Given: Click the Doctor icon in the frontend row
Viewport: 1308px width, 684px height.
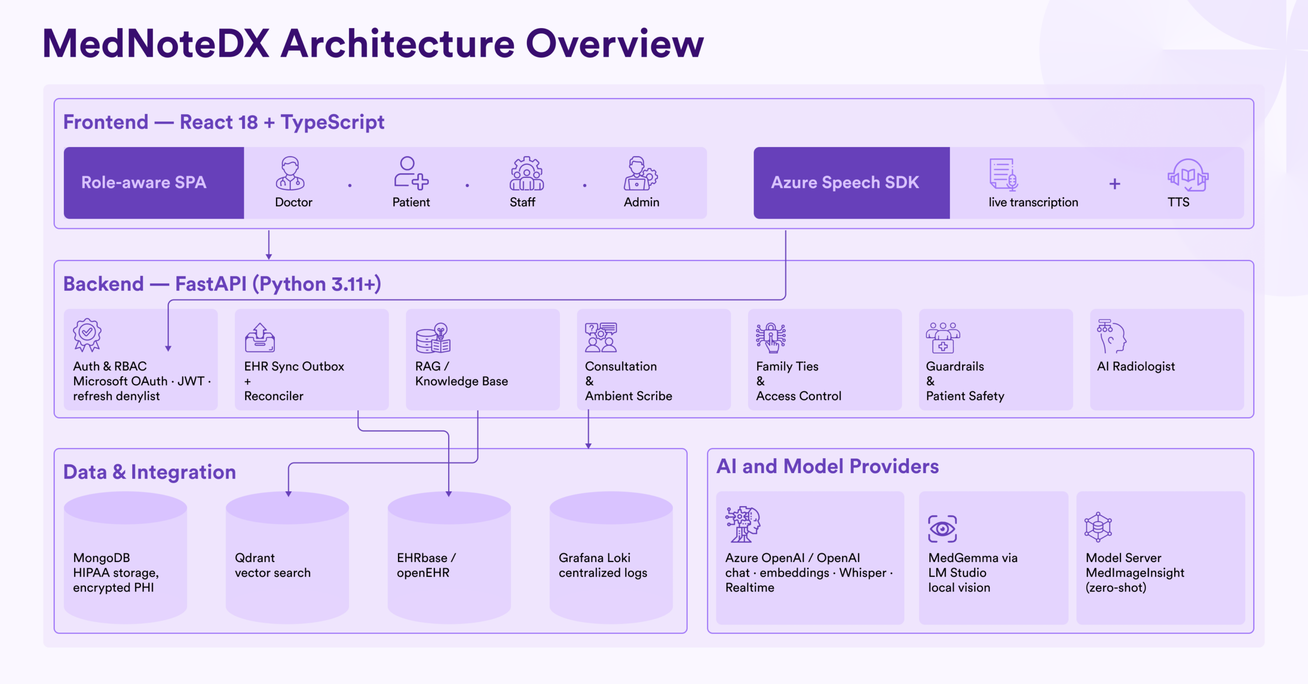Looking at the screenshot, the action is pyautogui.click(x=290, y=174).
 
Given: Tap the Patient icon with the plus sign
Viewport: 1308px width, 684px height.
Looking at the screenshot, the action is pyautogui.click(x=411, y=173).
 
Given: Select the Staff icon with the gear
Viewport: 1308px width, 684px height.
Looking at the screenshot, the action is pyautogui.click(x=527, y=174).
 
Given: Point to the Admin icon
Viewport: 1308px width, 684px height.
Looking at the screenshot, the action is pyautogui.click(x=641, y=174).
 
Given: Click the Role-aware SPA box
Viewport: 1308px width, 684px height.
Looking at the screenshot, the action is pyautogui.click(x=154, y=183).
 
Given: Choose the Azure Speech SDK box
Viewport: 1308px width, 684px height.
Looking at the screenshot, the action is pyautogui.click(x=851, y=183).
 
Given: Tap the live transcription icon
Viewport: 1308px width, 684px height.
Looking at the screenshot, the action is pyautogui.click(x=1003, y=174).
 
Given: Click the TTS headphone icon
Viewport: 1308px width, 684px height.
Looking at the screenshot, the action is pyautogui.click(x=1188, y=175).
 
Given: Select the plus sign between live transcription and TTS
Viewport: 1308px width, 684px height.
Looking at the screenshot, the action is pyautogui.click(x=1115, y=184).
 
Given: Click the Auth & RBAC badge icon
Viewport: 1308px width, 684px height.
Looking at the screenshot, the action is pyautogui.click(x=87, y=335).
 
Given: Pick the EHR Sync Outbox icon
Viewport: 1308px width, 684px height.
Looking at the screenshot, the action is pyautogui.click(x=260, y=337).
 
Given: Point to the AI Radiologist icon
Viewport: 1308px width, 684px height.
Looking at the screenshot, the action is pyautogui.click(x=1112, y=336).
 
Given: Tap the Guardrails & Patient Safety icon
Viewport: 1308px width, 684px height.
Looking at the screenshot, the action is pyautogui.click(x=943, y=337).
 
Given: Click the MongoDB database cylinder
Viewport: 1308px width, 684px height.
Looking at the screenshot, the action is pyautogui.click(x=125, y=557).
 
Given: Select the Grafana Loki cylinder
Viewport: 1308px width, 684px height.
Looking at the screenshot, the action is pyautogui.click(x=611, y=557).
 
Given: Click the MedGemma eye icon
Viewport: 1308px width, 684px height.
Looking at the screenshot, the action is pyautogui.click(x=942, y=529).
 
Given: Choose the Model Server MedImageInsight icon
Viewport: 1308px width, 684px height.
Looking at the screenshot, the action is pyautogui.click(x=1099, y=527).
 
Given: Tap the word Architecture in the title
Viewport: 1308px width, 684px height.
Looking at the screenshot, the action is pyautogui.click(x=398, y=44).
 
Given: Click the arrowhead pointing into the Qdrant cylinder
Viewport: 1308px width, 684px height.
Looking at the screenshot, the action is pyautogui.click(x=289, y=494).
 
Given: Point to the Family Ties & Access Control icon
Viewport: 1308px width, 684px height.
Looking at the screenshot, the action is pyautogui.click(x=771, y=337).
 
